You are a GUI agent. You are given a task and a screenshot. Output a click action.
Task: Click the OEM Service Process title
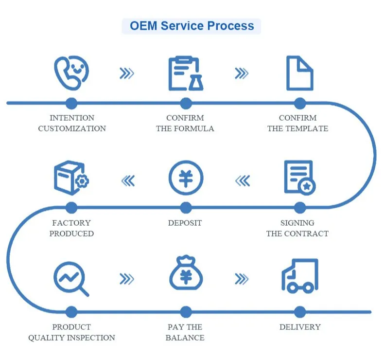click(x=192, y=26)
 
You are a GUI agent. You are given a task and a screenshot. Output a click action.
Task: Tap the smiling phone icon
click(x=71, y=73)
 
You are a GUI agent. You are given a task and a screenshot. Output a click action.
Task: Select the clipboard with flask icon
click(x=186, y=73)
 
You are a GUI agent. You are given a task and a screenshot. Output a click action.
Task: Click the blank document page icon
click(x=300, y=73)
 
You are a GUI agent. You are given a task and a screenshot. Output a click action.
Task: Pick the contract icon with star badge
click(x=300, y=178)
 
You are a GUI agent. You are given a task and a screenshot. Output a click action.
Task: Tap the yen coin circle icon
click(x=186, y=178)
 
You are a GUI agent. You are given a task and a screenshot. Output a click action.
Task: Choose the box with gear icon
click(x=71, y=178)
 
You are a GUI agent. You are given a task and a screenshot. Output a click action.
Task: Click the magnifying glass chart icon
click(x=71, y=279)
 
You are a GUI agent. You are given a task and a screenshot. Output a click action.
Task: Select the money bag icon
click(x=186, y=272)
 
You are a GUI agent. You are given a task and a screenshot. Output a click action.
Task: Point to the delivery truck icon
click(x=300, y=276)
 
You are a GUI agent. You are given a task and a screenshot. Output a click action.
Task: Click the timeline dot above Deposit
click(x=186, y=208)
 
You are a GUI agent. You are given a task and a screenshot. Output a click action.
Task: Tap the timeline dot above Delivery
click(x=300, y=312)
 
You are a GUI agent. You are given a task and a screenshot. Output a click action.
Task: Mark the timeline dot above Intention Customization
click(x=71, y=103)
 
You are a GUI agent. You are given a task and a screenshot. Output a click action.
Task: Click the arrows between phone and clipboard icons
click(x=127, y=73)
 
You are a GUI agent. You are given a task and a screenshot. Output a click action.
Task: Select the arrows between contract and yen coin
click(x=243, y=181)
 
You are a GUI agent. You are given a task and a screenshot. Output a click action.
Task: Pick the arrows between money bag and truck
click(x=242, y=279)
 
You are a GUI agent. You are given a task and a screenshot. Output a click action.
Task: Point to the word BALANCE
click(x=185, y=338)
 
